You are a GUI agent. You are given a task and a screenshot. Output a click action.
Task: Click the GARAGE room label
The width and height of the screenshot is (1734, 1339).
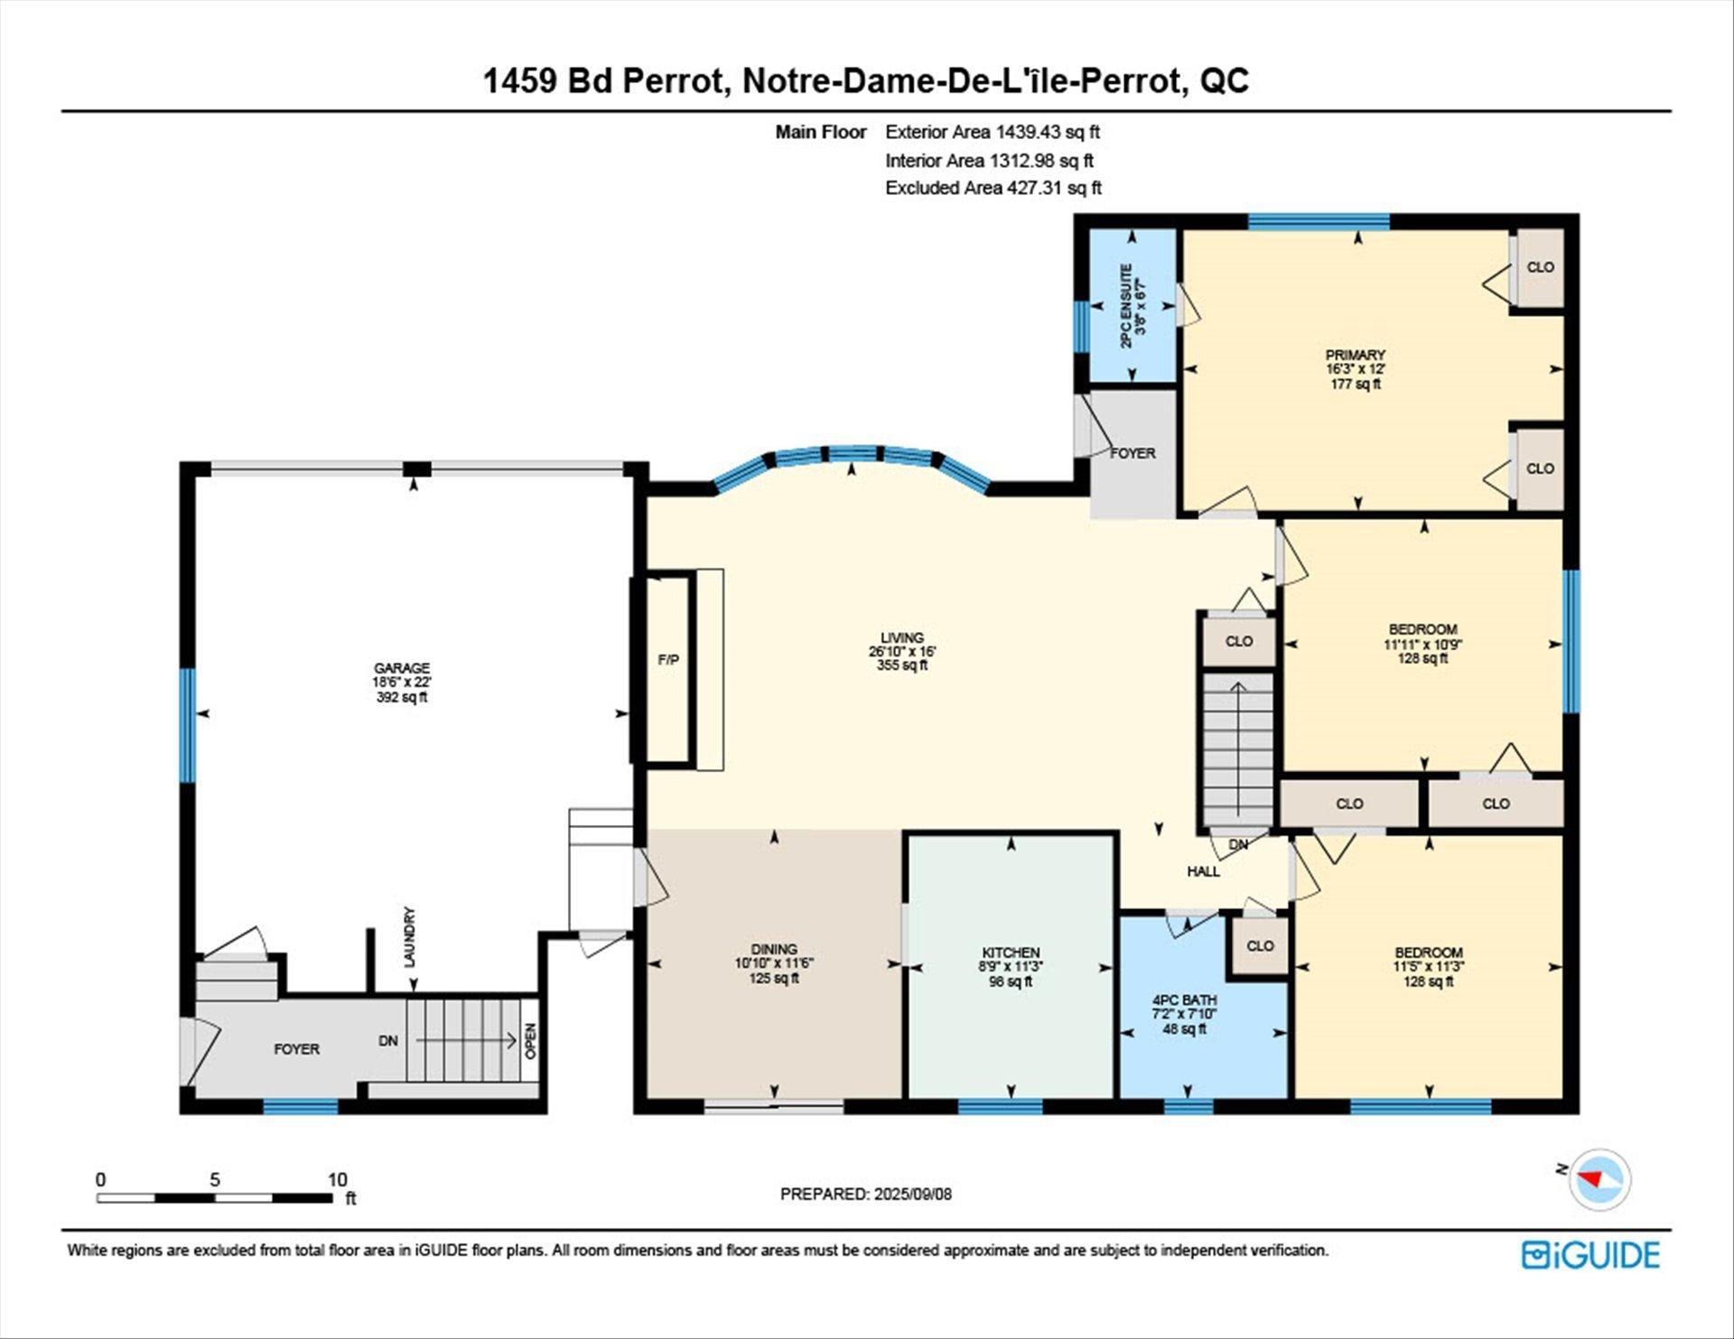pyautogui.click(x=402, y=668)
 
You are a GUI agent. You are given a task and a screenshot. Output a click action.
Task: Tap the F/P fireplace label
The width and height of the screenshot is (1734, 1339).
pyautogui.click(x=668, y=660)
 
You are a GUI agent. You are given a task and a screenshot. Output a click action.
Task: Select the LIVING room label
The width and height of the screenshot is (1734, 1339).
pyautogui.click(x=902, y=637)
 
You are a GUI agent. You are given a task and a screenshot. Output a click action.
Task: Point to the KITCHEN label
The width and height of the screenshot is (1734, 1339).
pyautogui.click(x=1011, y=953)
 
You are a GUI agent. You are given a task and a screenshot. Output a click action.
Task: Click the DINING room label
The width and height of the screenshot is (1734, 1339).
pyautogui.click(x=774, y=949)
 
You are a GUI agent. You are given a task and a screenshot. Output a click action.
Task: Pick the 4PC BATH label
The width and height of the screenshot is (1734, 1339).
pyautogui.click(x=1184, y=1000)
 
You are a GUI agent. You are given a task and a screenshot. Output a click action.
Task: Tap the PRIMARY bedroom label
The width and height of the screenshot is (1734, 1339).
pyautogui.click(x=1355, y=355)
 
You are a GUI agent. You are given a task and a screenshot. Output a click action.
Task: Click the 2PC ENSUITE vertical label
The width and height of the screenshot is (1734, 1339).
pyautogui.click(x=1126, y=306)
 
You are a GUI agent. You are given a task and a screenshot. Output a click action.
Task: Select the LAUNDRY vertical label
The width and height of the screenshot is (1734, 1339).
pyautogui.click(x=409, y=937)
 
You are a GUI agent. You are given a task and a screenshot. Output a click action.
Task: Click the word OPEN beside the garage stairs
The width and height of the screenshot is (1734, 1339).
pyautogui.click(x=531, y=1040)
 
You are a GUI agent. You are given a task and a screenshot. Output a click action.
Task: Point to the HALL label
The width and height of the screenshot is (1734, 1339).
pyautogui.click(x=1203, y=871)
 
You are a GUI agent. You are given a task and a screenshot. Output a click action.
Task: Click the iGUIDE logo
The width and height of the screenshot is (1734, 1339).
pyautogui.click(x=1590, y=1255)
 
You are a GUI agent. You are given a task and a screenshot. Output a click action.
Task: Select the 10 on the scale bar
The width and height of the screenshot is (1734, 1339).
pyautogui.click(x=337, y=1179)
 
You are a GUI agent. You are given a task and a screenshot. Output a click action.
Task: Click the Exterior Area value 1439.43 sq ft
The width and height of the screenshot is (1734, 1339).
pyautogui.click(x=1048, y=132)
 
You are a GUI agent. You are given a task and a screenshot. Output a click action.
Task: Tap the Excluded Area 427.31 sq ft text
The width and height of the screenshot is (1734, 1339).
pyautogui.click(x=993, y=188)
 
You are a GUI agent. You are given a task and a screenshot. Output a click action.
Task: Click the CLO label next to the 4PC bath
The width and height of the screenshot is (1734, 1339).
pyautogui.click(x=1260, y=945)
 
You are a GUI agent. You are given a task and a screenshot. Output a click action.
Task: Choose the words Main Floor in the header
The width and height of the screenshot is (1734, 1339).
pyautogui.click(x=821, y=132)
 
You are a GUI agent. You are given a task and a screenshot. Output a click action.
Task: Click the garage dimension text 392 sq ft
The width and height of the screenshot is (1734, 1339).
pyautogui.click(x=402, y=697)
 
